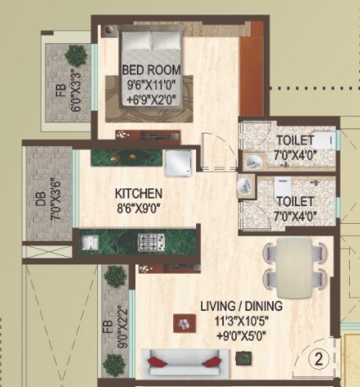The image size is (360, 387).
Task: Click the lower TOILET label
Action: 294,201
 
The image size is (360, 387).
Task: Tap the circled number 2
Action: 319,356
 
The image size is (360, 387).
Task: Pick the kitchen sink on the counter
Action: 92,243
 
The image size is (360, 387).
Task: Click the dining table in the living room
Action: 292,262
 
